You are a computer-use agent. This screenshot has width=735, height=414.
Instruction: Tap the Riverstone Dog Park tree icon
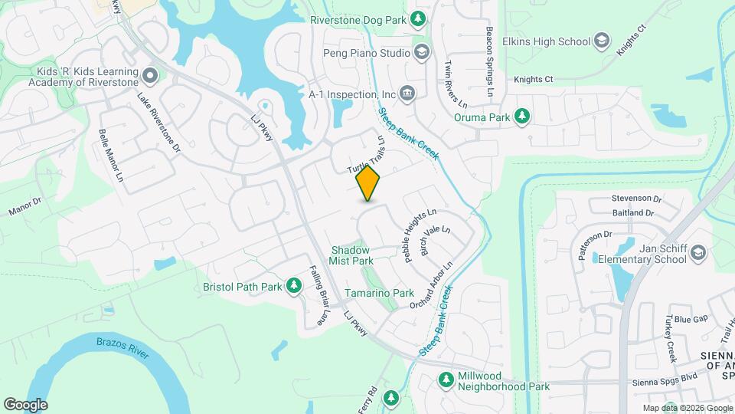418,20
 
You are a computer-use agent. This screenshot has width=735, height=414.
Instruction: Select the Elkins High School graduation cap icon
602,41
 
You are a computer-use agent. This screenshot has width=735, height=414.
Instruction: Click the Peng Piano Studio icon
420,53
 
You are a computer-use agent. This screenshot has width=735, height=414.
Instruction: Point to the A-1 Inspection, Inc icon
407,94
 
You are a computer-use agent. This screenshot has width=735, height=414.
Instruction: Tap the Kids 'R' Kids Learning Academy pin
150,75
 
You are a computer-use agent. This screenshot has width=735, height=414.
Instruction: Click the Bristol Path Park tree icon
293,286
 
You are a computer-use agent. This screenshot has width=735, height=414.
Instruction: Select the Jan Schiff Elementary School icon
697,252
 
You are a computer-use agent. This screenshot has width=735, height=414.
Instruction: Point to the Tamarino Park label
379,293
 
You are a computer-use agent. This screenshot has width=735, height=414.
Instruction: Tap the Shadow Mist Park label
351,255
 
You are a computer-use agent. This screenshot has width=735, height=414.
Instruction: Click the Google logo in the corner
25,404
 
